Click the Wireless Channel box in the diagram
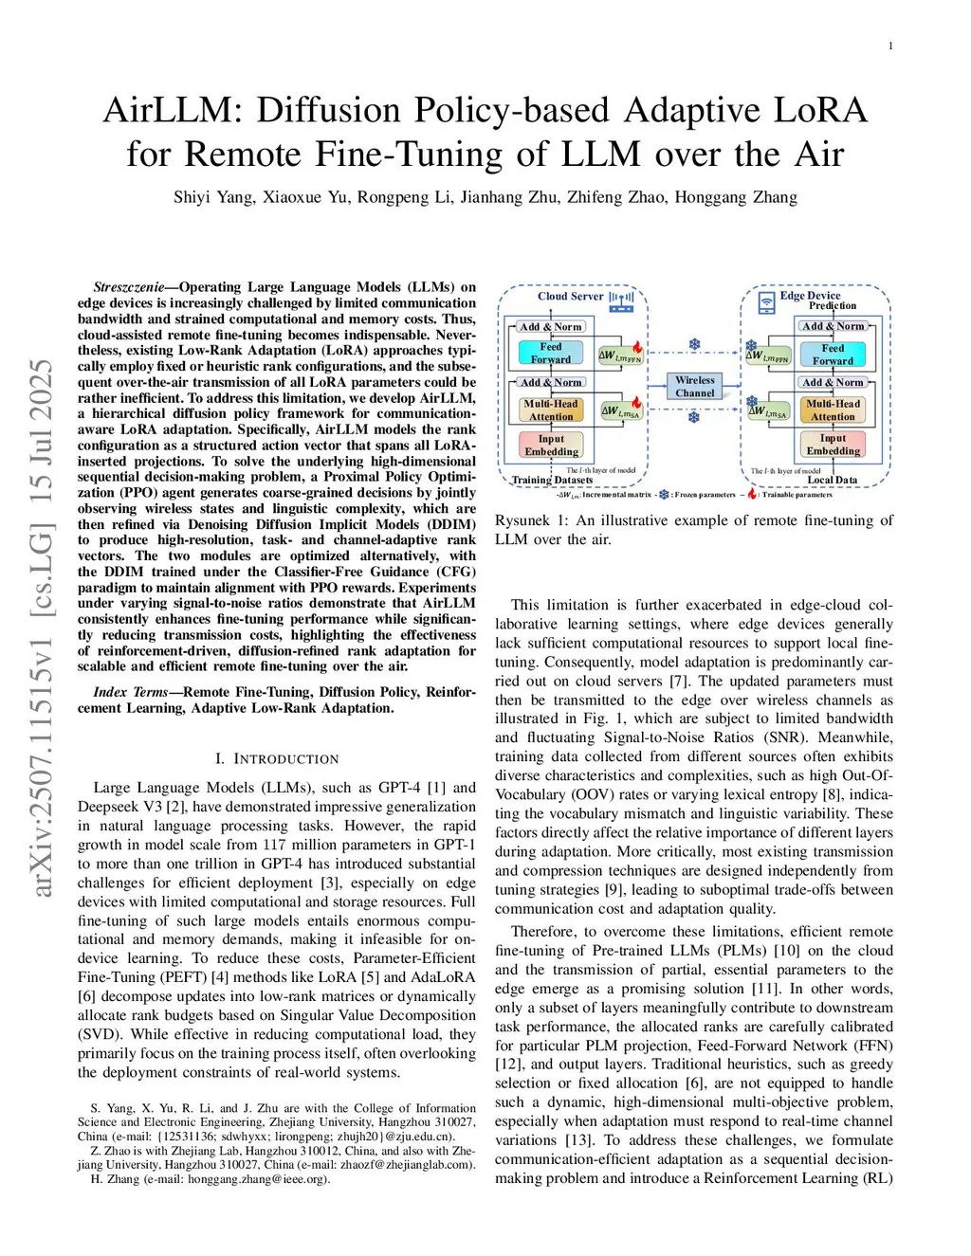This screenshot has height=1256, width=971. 695,386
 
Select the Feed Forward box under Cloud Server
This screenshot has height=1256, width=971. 551,353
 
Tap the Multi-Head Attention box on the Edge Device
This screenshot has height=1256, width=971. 833,410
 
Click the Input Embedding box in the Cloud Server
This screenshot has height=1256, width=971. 551,445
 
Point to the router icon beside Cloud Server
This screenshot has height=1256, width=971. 621,301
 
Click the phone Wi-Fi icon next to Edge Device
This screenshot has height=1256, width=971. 766,301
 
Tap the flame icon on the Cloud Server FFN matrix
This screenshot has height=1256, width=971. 638,348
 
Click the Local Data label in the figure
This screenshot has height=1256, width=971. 832,480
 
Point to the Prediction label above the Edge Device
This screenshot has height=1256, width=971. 832,306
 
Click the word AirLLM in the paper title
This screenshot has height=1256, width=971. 167,110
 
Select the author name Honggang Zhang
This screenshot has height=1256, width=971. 736,197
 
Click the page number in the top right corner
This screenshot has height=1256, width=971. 890,46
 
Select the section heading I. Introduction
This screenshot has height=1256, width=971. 277,759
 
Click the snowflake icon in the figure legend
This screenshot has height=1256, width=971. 664,494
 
